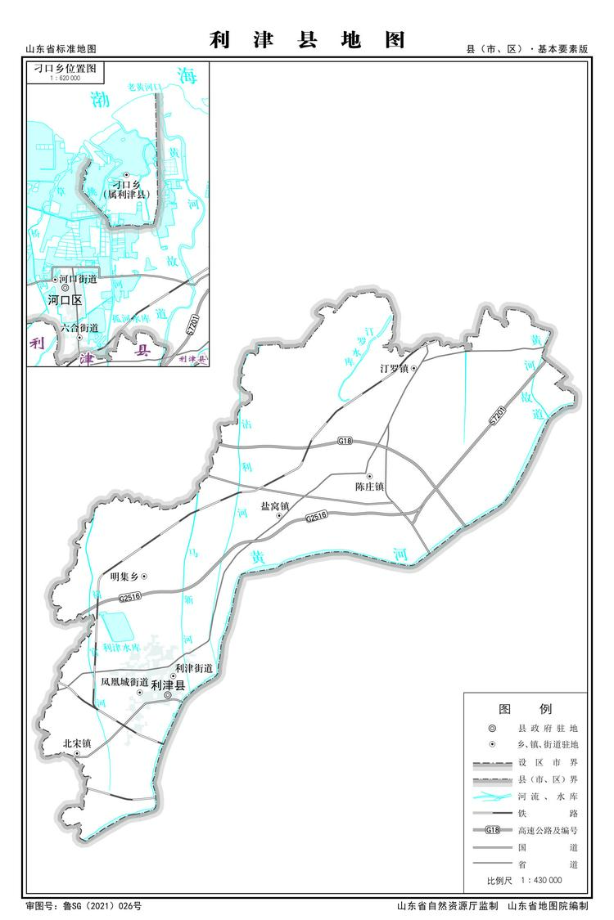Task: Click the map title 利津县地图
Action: [x=307, y=41]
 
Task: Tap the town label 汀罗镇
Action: [x=394, y=369]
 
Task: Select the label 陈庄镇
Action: [x=370, y=487]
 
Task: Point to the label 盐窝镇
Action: [x=275, y=506]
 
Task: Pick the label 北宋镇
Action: [x=77, y=743]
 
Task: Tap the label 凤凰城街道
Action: [x=124, y=681]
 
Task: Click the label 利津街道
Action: [x=193, y=668]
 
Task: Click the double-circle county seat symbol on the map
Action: [x=168, y=695]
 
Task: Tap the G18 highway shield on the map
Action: [x=345, y=442]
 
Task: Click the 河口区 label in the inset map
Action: [x=65, y=300]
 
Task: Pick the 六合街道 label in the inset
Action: [x=79, y=328]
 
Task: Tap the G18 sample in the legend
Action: [x=492, y=830]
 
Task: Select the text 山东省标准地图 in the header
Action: [x=61, y=50]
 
